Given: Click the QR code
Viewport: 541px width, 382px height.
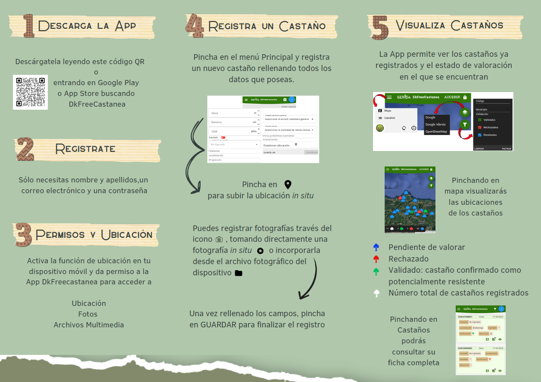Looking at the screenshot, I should pos(30,92).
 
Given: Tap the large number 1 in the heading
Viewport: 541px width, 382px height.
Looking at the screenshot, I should pos(28,26).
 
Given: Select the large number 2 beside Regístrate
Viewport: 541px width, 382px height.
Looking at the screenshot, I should pos(25,149).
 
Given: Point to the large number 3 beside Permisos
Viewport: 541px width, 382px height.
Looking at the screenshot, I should pos(24,234).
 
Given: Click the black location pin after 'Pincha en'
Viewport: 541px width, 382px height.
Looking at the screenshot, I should pos(288,185).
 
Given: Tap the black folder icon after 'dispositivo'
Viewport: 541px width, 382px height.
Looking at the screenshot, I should pos(238,273).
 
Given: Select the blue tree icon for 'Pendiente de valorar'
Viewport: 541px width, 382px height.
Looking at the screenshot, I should pos(376,247).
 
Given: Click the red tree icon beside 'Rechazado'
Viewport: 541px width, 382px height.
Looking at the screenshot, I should pos(376,259).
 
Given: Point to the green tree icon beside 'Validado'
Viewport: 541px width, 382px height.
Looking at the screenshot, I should pos(376,271).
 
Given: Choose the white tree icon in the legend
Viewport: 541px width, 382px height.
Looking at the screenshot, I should pos(376,293).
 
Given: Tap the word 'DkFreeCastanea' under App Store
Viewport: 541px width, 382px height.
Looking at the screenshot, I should pos(97,104).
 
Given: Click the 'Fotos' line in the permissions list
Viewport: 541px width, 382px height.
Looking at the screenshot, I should pos(88,314).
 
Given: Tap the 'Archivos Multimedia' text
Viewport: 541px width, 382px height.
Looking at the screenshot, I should pos(88,325).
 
